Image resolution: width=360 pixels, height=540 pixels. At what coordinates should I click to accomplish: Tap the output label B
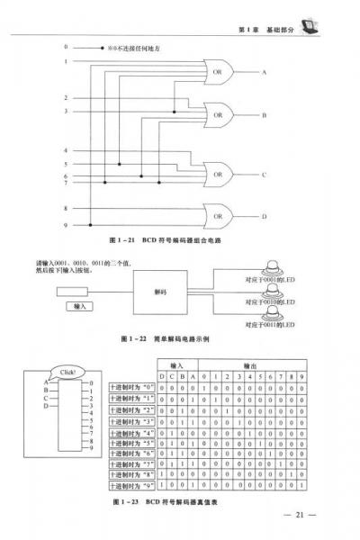[264, 116]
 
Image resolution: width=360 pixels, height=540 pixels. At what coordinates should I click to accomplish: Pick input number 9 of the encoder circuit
[66, 224]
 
